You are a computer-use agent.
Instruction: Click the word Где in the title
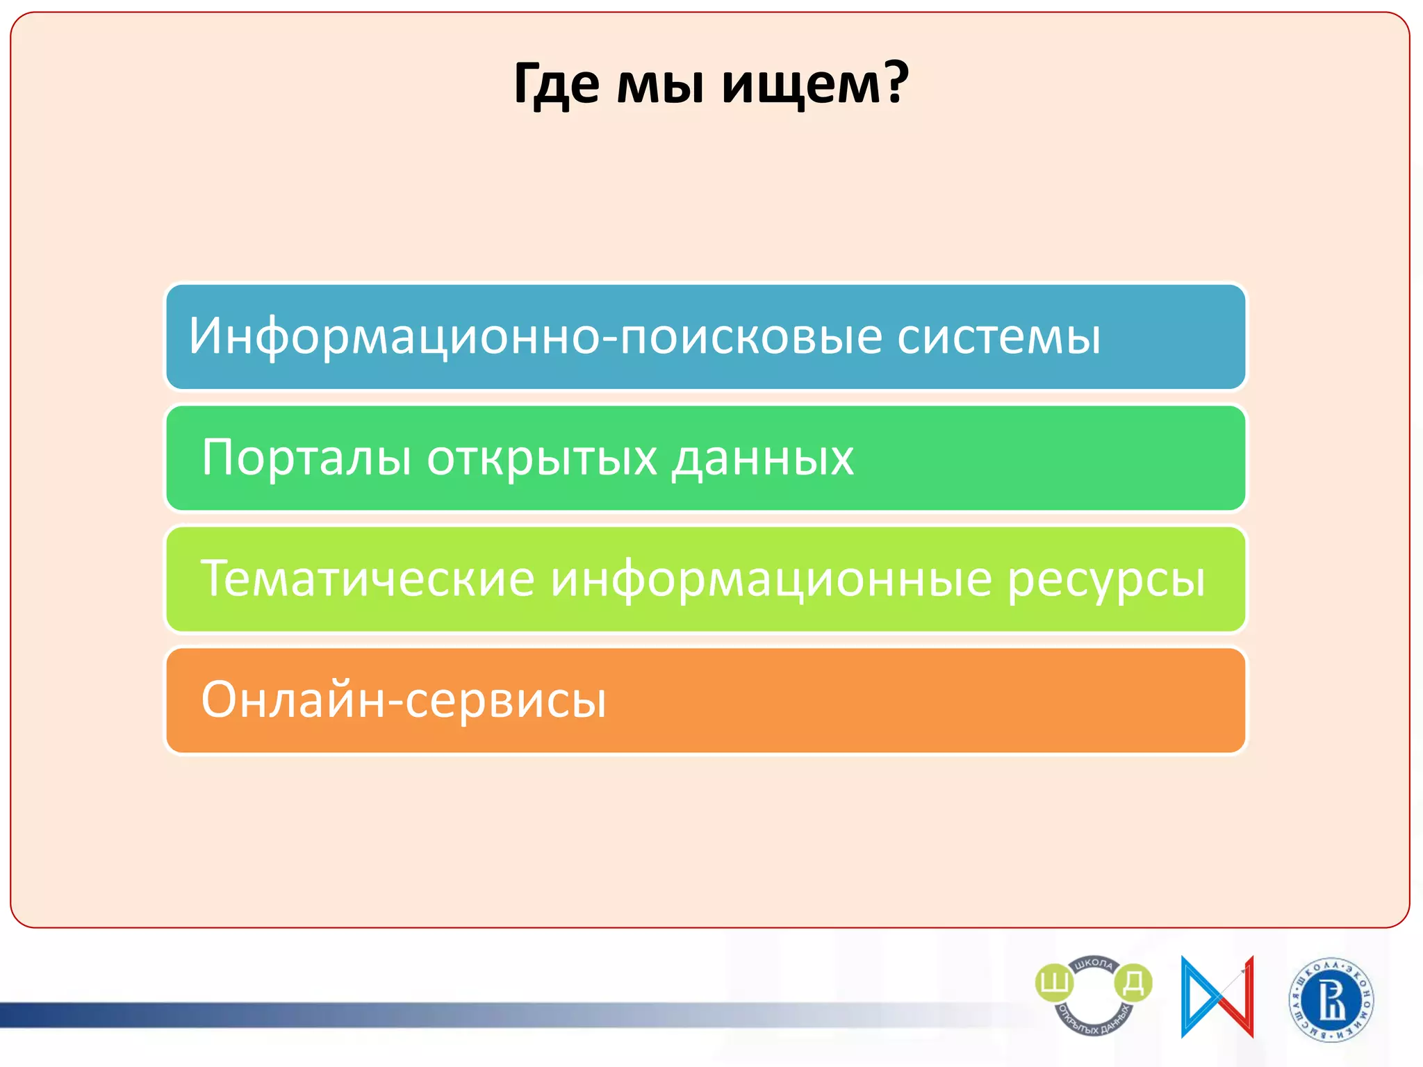[557, 85]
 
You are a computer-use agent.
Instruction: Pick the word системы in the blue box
[998, 337]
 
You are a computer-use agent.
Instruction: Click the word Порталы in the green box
[306, 458]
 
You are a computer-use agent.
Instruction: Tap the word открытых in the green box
[542, 458]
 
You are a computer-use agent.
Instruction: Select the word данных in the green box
[762, 458]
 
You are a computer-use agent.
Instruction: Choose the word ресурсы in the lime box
[1106, 579]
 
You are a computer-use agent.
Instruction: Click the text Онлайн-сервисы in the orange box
[404, 700]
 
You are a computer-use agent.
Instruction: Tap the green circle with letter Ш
[1054, 983]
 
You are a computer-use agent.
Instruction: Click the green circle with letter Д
[1133, 982]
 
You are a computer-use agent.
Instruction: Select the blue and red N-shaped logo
[1217, 997]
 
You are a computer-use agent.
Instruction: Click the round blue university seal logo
[1331, 1000]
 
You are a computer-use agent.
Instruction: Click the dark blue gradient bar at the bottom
[208, 1015]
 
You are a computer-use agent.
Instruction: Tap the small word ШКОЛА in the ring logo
[1094, 964]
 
